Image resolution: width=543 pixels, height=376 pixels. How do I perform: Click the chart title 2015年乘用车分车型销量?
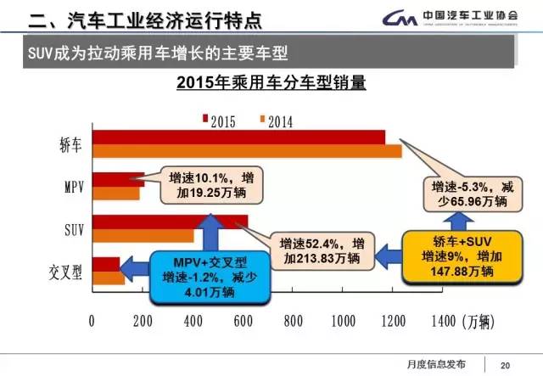click(271, 84)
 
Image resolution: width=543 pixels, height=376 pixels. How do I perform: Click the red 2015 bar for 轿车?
click(238, 138)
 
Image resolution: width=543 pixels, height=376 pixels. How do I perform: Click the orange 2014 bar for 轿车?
click(246, 152)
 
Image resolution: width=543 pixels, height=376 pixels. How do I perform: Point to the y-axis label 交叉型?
click(67, 273)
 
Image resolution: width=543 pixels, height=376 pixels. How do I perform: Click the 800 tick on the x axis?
click(293, 322)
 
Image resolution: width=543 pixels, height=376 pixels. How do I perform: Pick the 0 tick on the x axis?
click(92, 322)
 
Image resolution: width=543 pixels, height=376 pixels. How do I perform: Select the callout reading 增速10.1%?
click(200, 186)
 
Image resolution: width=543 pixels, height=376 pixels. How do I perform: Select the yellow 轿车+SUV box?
click(462, 254)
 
